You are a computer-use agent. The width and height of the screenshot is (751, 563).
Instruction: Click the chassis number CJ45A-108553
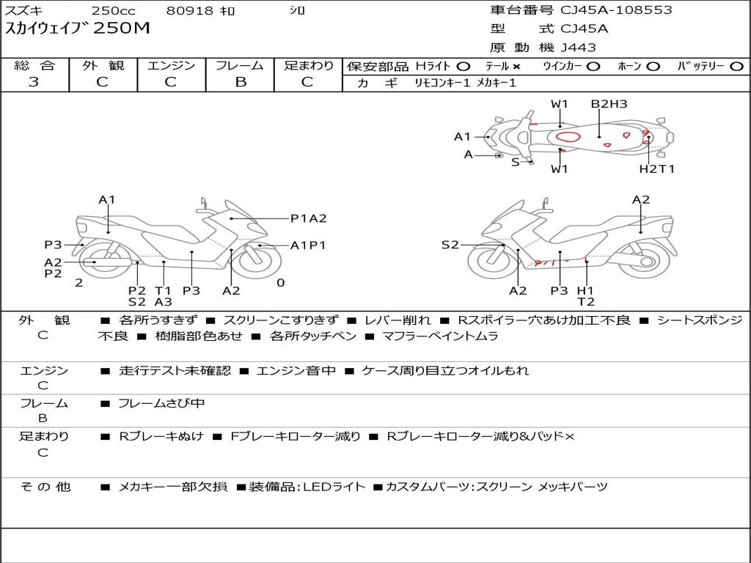pyautogui.click(x=616, y=10)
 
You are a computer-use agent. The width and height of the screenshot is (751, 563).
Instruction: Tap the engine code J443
pyautogui.click(x=578, y=48)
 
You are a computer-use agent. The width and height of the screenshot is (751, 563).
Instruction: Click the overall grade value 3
pyautogui.click(x=34, y=82)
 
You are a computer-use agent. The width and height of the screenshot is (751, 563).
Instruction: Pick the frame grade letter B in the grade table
pyautogui.click(x=241, y=82)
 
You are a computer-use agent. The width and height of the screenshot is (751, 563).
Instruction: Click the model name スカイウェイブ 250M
pyautogui.click(x=77, y=29)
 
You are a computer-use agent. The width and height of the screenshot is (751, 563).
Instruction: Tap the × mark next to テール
pyautogui.click(x=516, y=67)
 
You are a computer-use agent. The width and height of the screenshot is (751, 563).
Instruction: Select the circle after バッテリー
pyautogui.click(x=736, y=67)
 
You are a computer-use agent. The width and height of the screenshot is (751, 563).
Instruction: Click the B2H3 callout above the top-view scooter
pyautogui.click(x=608, y=104)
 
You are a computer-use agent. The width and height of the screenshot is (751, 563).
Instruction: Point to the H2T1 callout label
pyautogui.click(x=656, y=169)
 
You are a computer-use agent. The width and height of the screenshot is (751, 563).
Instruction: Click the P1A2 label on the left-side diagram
pyautogui.click(x=309, y=218)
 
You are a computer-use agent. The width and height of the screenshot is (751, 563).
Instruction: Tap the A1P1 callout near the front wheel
pyautogui.click(x=308, y=245)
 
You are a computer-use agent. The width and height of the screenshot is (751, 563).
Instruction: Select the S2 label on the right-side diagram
pyautogui.click(x=450, y=245)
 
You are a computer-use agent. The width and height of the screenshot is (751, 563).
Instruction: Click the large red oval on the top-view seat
pyautogui.click(x=568, y=137)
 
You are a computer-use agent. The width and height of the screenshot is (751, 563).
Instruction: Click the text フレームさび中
pyautogui.click(x=161, y=404)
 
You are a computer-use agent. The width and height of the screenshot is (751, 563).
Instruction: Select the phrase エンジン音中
pyautogui.click(x=296, y=370)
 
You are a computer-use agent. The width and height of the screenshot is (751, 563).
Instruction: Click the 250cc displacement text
pyautogui.click(x=114, y=10)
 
